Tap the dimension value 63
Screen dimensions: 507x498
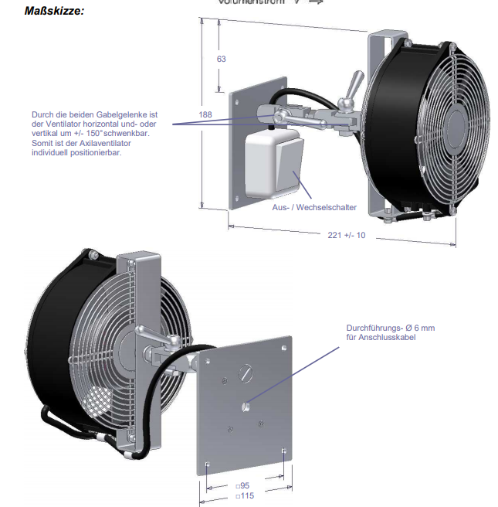tap(221, 59)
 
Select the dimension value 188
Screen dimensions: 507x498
tap(205, 114)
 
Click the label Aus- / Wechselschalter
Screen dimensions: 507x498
tap(314, 208)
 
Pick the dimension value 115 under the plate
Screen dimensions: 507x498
tap(246, 495)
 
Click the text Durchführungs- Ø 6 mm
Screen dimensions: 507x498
tap(390, 328)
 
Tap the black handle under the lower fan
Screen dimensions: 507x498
tap(62, 421)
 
